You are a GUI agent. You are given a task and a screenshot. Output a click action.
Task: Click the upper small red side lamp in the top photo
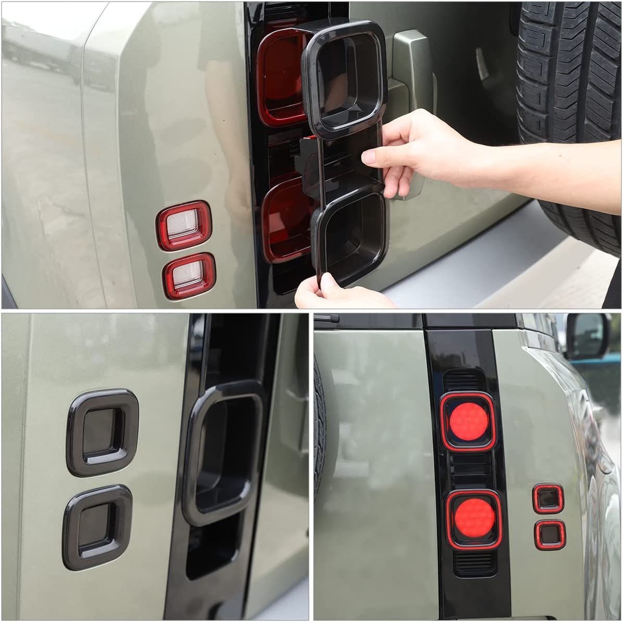tap(184, 226)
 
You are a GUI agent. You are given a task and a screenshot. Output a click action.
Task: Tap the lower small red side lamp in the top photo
tap(189, 276)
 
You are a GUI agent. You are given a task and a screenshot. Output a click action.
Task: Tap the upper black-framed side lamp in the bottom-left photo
tap(103, 432)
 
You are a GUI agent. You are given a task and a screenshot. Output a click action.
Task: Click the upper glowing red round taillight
tap(468, 421)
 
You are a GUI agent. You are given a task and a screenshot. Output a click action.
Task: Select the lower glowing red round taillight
tap(474, 518)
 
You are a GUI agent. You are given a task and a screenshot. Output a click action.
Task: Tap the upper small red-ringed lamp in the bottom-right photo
tap(548, 499)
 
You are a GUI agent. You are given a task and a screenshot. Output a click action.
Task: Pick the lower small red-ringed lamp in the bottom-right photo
tap(550, 534)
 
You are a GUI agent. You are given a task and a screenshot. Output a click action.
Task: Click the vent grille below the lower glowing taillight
tap(475, 563)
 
